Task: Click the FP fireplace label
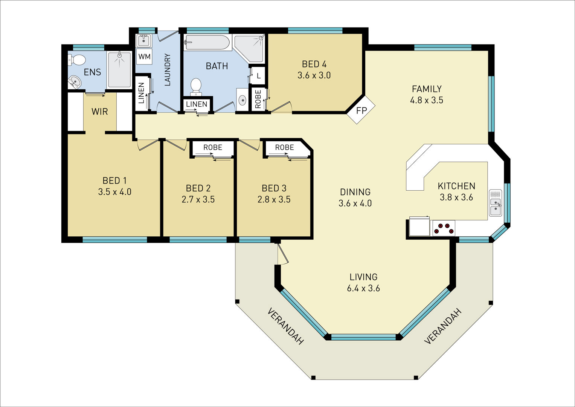point(361,110)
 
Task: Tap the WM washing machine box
point(144,57)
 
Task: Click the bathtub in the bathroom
point(207,42)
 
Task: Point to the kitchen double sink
point(496,203)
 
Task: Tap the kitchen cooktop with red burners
point(444,228)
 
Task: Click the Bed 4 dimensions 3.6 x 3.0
point(314,75)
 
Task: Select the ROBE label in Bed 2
point(212,147)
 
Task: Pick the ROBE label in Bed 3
point(284,147)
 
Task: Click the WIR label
point(99,112)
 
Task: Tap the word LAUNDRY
point(167,70)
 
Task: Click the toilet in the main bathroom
point(196,87)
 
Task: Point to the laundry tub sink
point(144,41)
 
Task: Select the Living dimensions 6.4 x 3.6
point(363,288)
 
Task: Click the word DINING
point(355,192)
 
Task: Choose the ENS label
point(92,72)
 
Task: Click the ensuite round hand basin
point(75,82)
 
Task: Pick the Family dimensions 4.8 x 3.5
point(426,100)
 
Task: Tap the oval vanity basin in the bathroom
point(242,100)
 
